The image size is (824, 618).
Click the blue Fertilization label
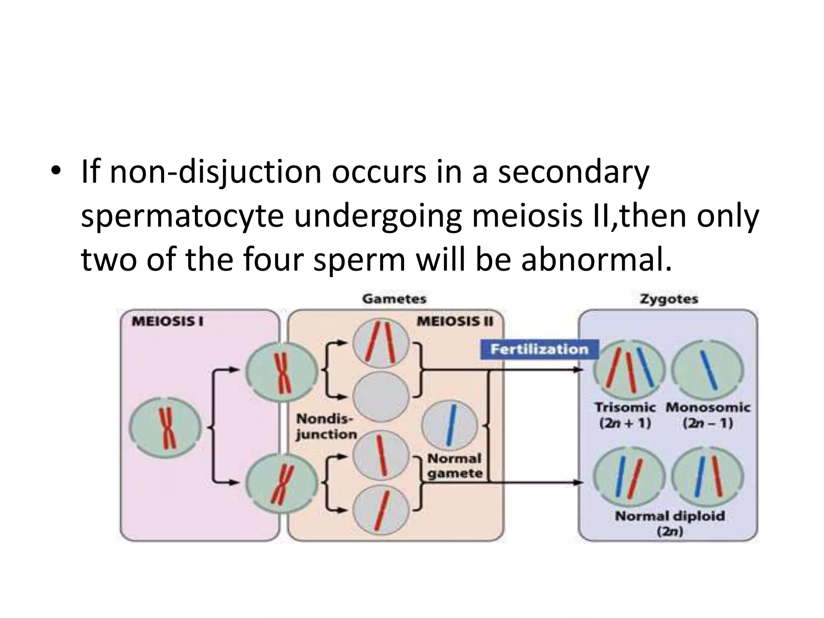539,349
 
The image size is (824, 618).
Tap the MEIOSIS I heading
168,322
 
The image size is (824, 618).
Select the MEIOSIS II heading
455,321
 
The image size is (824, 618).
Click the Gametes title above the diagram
394,299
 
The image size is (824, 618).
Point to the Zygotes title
669,299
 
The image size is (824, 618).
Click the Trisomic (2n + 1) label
625,415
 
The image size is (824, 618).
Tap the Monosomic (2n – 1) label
708,415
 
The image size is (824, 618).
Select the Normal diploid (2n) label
670,523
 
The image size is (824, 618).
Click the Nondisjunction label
326,426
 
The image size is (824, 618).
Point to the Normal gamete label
455,466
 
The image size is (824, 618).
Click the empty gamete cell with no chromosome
381,397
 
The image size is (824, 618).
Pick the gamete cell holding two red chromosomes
381,342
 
